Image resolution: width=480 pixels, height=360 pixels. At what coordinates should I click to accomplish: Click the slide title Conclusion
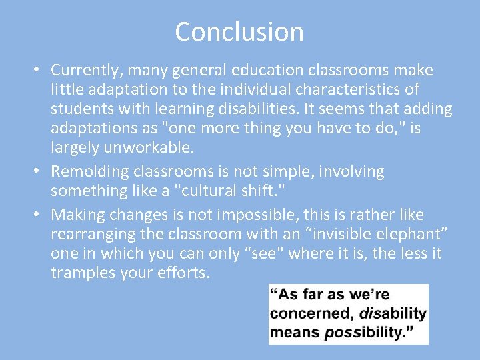[239, 31]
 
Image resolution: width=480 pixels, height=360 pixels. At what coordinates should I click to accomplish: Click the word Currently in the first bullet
[85, 70]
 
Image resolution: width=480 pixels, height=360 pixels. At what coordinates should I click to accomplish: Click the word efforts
[186, 273]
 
